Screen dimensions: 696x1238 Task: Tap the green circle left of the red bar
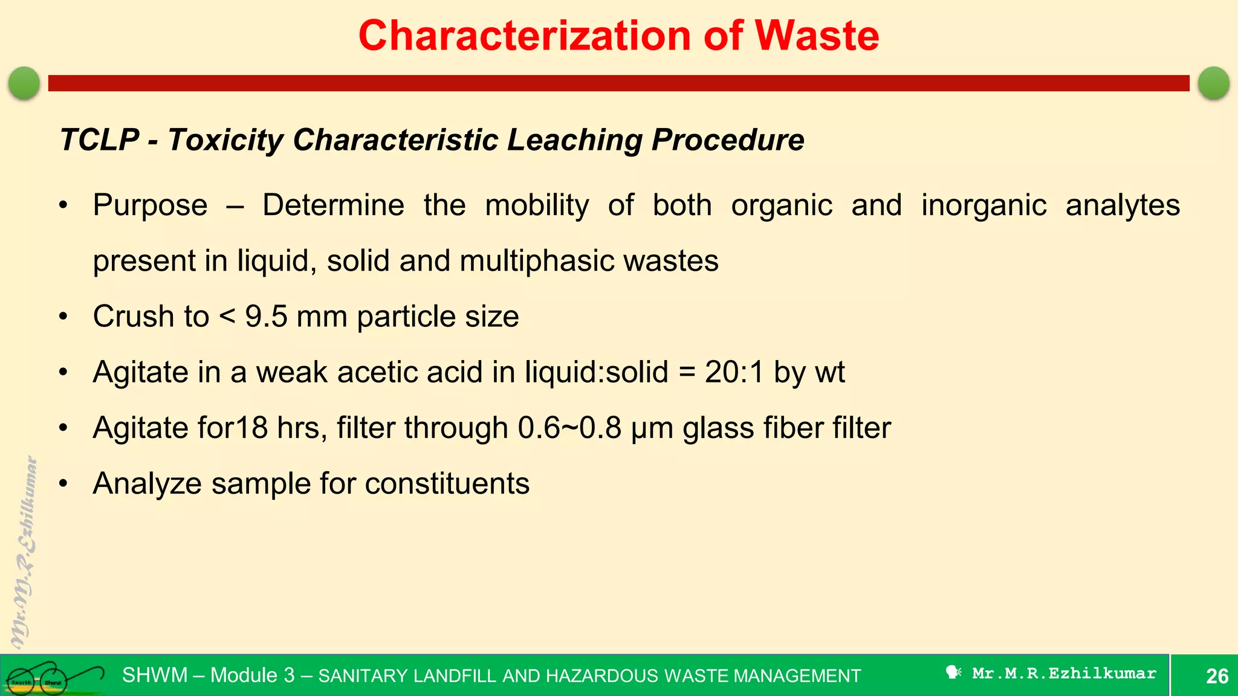tap(24, 83)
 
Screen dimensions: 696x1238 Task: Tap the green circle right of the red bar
tap(1213, 83)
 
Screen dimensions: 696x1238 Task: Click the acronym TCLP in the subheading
tap(100, 140)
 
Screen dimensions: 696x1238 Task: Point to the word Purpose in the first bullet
tap(150, 205)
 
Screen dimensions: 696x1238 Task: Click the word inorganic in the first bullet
tap(984, 205)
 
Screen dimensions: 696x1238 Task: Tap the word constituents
tap(447, 483)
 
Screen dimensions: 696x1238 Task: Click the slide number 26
tap(1217, 675)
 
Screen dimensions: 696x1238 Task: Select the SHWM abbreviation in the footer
tap(155, 675)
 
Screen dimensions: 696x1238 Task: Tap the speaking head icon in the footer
tap(953, 672)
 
